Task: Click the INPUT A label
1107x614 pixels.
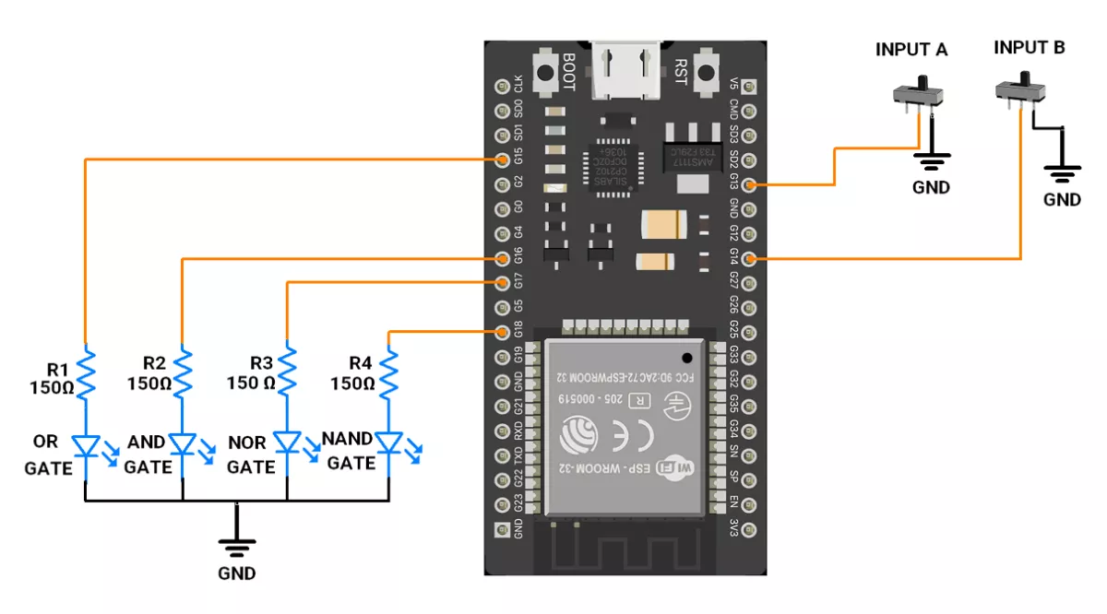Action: pos(911,51)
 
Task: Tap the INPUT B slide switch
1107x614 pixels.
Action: pos(1022,90)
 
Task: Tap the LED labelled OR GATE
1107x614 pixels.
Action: pos(85,445)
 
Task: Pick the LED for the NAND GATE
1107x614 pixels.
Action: pos(389,445)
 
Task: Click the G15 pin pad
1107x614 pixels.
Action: pos(503,159)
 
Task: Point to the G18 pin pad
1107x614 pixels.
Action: pos(503,332)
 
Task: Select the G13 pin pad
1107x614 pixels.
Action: pos(749,185)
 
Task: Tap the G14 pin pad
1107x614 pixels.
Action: pos(749,259)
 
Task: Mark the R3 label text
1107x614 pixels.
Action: pos(262,363)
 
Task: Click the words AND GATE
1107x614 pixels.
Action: pos(148,455)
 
